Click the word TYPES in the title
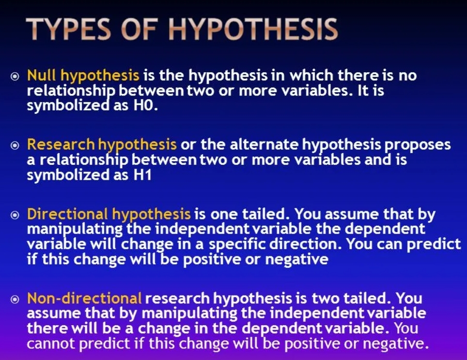pos(68,29)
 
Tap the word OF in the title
pos(139,29)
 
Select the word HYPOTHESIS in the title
pos(253,29)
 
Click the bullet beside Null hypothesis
pos(15,77)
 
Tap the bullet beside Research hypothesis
pos(15,146)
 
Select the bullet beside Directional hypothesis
pos(15,215)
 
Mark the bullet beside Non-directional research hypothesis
pos(15,299)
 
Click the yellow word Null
pos(41,75)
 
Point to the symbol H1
pos(142,175)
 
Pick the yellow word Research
pos(61,144)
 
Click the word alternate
pos(264,144)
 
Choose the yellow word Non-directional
pos(84,298)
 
